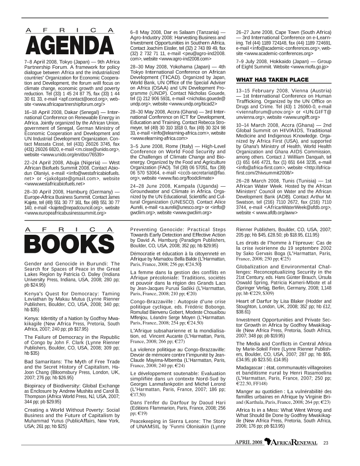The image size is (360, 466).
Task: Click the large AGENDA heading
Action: pos(69,46)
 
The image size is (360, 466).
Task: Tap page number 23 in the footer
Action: pos(326,443)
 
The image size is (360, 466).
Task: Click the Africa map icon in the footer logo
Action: pos(267,442)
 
